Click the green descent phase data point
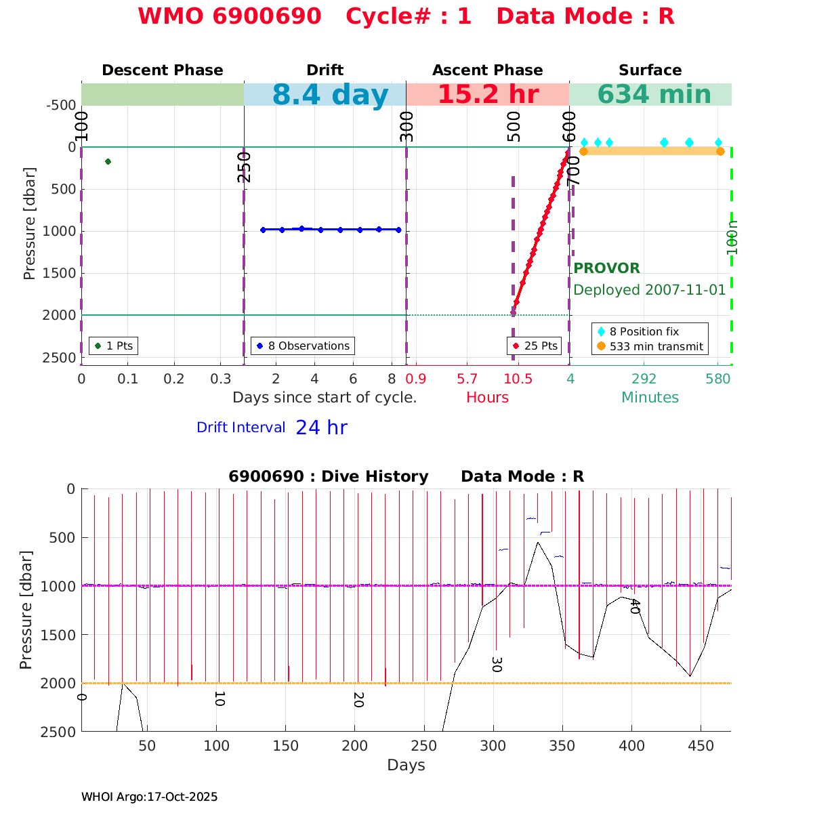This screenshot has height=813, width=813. tap(108, 161)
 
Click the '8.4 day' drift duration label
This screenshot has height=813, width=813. tap(330, 96)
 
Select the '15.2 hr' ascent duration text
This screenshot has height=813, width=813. tap(488, 95)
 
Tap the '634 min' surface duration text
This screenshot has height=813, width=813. tap(654, 95)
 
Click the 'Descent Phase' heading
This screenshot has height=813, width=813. tap(162, 70)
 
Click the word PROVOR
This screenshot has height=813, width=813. tap(606, 268)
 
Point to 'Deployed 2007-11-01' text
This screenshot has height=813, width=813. tap(649, 290)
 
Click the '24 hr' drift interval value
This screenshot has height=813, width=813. tap(321, 428)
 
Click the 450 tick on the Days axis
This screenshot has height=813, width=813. tap(701, 746)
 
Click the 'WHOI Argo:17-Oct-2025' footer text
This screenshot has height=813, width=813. tap(149, 797)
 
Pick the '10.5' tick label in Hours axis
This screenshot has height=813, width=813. tap(518, 379)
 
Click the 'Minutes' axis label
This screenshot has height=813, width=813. tap(650, 398)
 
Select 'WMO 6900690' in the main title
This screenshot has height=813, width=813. tap(229, 16)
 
